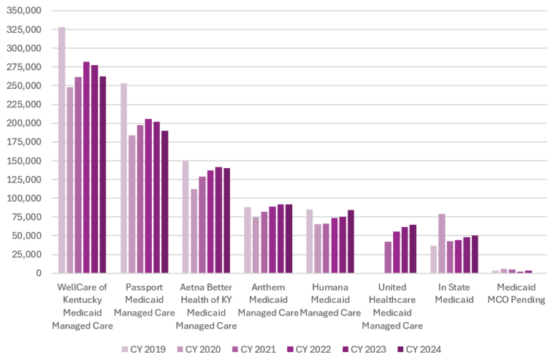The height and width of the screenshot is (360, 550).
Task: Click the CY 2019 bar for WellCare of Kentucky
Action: (62, 150)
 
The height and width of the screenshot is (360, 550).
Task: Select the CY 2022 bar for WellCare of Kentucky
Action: (87, 167)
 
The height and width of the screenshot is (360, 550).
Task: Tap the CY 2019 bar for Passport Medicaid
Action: (124, 178)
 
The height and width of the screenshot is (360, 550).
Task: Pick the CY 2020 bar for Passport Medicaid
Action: (132, 204)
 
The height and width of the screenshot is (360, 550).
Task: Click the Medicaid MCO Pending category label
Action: (516, 293)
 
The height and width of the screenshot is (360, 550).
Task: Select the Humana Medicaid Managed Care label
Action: (330, 299)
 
